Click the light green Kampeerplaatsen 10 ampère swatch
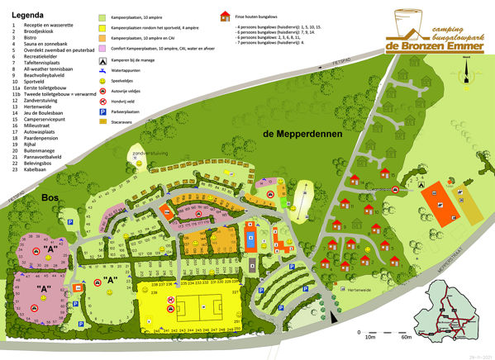coord(103,17)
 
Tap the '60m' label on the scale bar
coord(405,337)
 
